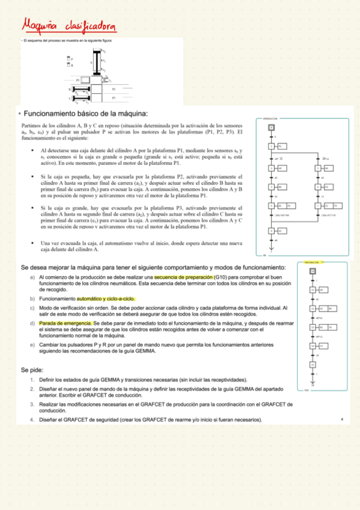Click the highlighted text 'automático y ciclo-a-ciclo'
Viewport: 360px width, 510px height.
106,298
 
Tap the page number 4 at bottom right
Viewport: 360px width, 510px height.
341,419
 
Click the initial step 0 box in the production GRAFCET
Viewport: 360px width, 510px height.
271,127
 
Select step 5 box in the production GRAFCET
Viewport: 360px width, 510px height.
319,168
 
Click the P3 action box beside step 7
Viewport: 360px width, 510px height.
334,206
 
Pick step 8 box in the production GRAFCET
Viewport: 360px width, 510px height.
271,230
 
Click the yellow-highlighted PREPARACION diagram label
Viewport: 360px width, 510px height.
311,263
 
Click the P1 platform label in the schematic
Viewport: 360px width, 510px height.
78,79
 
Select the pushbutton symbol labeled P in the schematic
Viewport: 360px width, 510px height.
68,60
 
